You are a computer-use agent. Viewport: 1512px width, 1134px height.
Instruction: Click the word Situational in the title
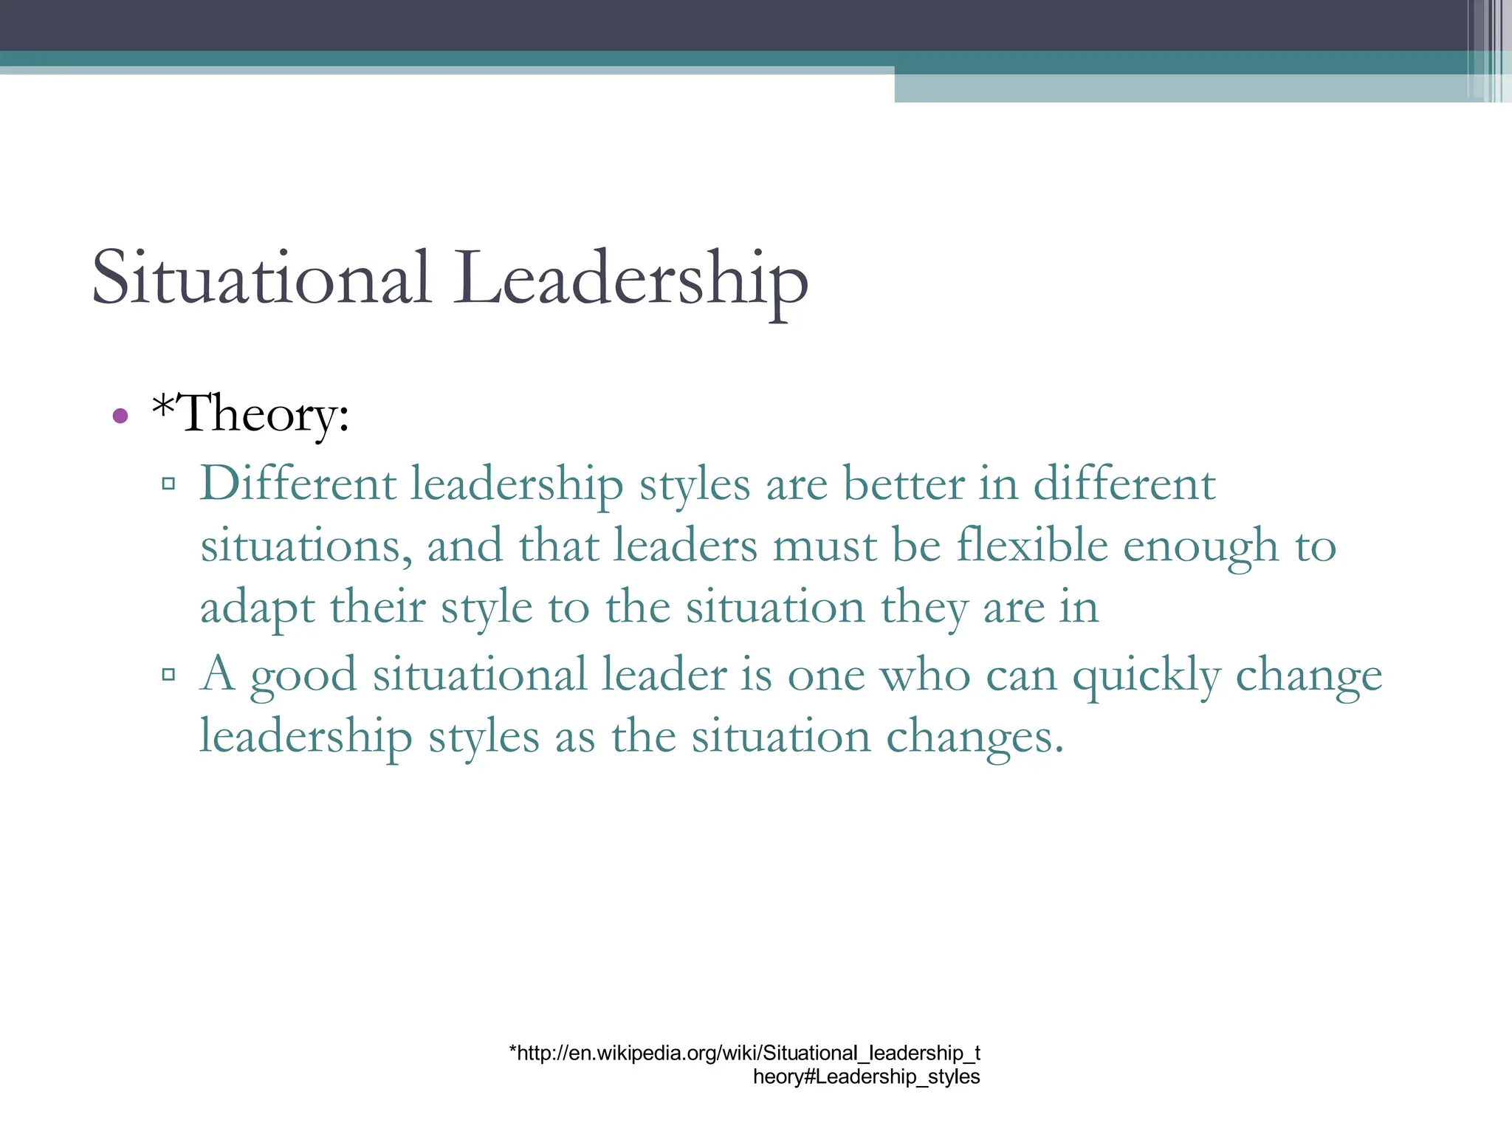pos(261,278)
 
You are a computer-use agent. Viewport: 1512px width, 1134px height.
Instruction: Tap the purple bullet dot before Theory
pos(120,416)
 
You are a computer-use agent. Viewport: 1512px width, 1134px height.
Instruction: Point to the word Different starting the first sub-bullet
pos(298,485)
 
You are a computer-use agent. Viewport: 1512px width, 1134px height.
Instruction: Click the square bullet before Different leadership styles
pos(168,484)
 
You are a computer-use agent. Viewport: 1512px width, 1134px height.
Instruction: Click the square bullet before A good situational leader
pos(168,674)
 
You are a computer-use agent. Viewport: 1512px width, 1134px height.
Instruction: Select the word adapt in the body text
pos(258,610)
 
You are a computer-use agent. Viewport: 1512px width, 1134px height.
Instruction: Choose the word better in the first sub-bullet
pos(904,485)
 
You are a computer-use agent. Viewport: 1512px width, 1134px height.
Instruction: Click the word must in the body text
pos(825,547)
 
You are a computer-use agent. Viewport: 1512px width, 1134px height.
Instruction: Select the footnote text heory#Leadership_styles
pos(866,1077)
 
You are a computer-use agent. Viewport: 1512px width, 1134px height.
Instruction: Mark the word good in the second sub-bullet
pos(303,676)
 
